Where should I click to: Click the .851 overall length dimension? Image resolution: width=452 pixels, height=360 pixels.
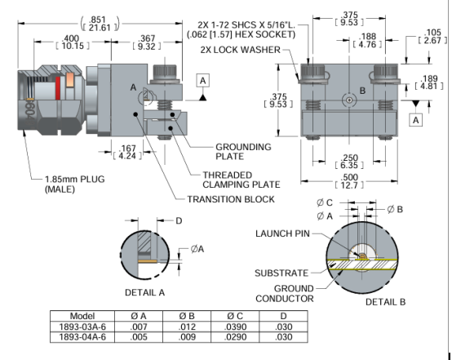point(100,24)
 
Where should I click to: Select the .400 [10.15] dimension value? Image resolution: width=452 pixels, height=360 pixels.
point(73,42)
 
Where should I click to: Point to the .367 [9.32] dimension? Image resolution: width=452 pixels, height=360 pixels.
point(147,42)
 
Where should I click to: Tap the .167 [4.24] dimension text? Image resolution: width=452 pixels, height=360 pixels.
point(127,152)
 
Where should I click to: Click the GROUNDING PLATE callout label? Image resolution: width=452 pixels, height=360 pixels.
point(243,152)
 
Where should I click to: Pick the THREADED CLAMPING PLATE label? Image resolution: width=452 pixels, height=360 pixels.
point(242,180)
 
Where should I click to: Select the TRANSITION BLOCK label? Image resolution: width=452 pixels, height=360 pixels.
point(231,199)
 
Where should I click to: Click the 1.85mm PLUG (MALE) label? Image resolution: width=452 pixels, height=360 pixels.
point(75,184)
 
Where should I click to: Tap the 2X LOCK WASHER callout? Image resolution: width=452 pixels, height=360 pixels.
point(241,50)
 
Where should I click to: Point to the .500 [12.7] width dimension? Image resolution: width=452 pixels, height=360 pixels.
point(349,181)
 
